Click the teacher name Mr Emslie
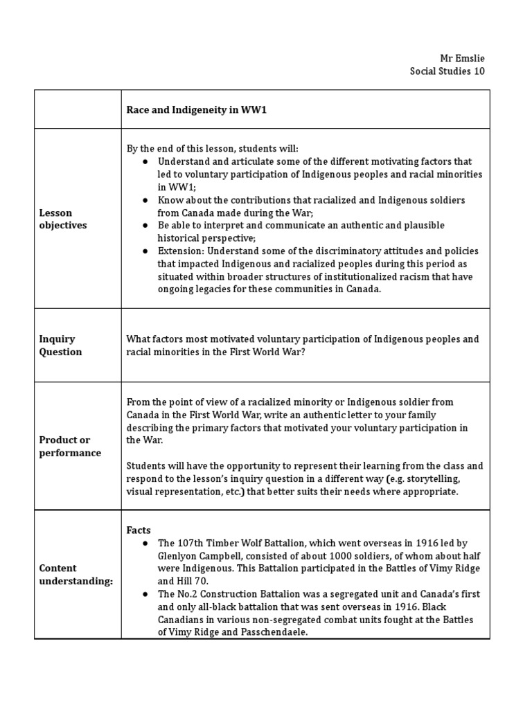pos(463,58)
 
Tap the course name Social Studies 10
pos(447,71)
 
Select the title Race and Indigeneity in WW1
pos(196,109)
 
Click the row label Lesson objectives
pos(63,219)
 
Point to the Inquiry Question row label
pos(60,345)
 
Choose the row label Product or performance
pos(69,447)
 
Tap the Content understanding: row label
pos(76,575)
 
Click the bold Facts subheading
pos(138,530)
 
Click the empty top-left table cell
pos(78,109)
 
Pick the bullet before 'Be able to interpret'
pos(146,226)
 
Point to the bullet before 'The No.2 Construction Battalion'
pos(146,595)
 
